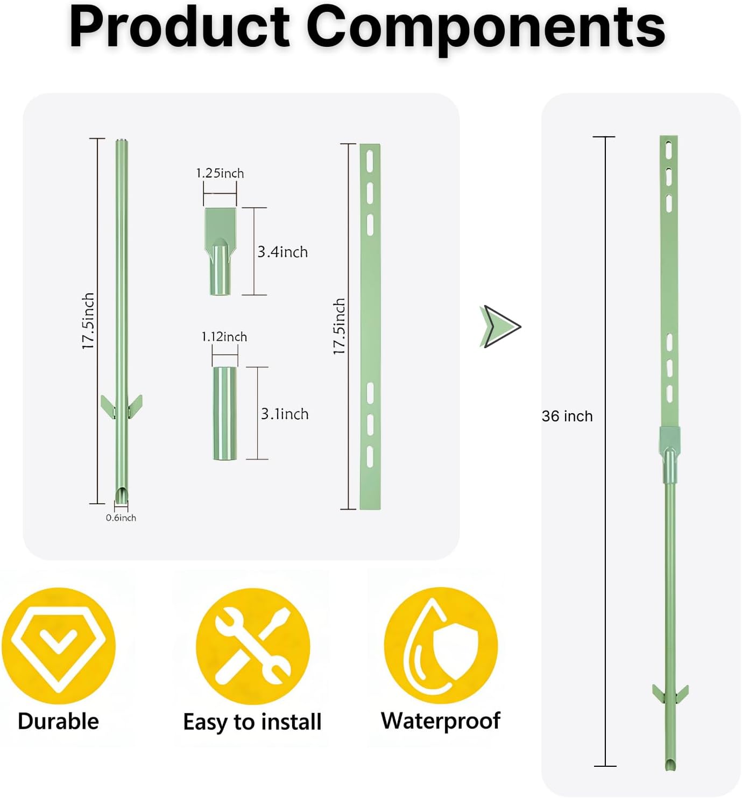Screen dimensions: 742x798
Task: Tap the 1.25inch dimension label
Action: pos(220,173)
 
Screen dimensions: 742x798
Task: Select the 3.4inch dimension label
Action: pos(282,252)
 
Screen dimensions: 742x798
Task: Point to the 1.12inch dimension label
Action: pos(224,337)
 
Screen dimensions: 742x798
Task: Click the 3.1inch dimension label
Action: pos(285,414)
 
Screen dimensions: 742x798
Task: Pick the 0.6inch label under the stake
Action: pos(121,518)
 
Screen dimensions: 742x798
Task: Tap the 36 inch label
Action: pos(567,416)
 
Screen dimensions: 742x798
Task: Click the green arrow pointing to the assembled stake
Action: pos(500,326)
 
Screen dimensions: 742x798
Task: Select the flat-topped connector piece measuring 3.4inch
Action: pos(220,251)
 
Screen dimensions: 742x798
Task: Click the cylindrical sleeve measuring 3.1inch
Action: pos(225,413)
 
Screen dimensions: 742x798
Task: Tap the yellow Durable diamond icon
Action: pos(59,646)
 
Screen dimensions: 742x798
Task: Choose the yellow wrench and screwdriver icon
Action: pos(253,646)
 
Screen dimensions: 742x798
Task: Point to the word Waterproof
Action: pos(441,721)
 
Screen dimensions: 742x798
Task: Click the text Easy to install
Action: pos(252,722)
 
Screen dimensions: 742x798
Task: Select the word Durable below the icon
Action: pos(58,721)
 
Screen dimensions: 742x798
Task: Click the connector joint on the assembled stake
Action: pos(669,454)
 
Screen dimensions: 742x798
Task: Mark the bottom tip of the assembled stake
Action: pos(670,770)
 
